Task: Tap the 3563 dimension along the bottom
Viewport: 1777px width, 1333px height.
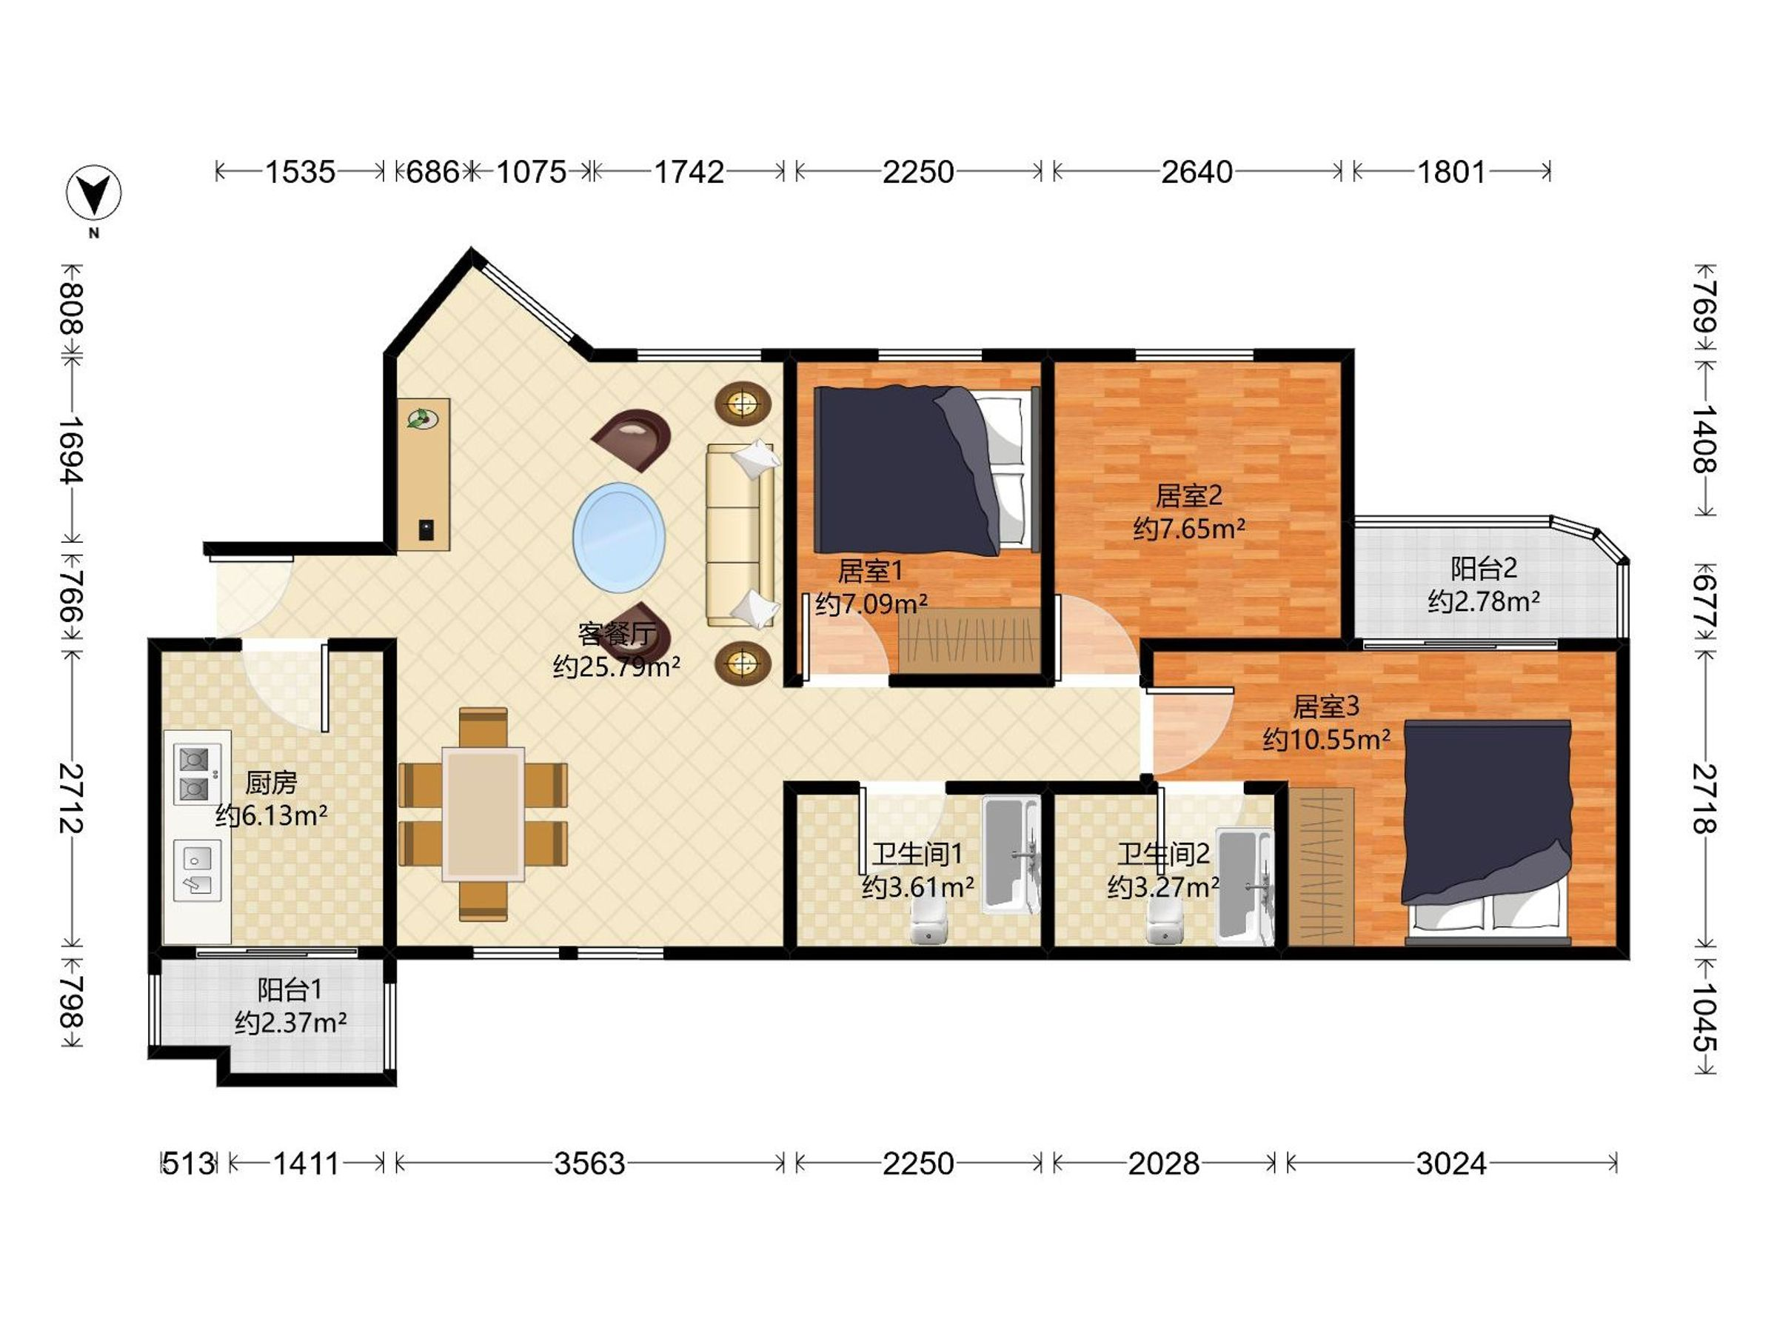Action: pos(589,1163)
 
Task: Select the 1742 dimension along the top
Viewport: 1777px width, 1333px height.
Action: pos(689,172)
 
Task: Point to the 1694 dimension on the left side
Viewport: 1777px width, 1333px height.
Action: pos(73,450)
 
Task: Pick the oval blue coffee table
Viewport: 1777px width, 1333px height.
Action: pos(618,538)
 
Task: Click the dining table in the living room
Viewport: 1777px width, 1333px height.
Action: pos(483,814)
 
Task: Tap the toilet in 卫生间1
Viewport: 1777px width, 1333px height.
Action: pos(929,921)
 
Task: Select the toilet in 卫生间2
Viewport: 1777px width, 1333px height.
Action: pos(1165,921)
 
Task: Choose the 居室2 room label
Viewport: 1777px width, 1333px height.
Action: pos(1188,495)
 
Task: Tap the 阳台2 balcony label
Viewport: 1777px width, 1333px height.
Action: pos(1483,568)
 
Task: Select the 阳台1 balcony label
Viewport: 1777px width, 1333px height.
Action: pos(290,989)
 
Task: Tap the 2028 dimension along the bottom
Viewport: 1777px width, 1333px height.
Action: pos(1162,1163)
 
